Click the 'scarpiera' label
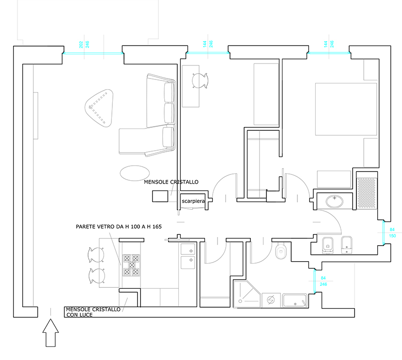[193, 201]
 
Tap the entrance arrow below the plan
[50, 333]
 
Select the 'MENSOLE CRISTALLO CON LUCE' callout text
[93, 312]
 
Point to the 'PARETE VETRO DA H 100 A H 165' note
[119, 227]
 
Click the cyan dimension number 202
[81, 45]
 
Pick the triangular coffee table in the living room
[99, 108]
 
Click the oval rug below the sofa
[135, 173]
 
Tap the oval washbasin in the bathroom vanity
[335, 201]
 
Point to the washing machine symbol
[271, 300]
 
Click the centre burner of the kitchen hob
[132, 265]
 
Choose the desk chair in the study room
[200, 80]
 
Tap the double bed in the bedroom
[346, 109]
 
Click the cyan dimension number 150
[392, 236]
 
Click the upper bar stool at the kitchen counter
[96, 255]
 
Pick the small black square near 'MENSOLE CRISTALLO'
[160, 196]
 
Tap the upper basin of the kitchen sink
[188, 249]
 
